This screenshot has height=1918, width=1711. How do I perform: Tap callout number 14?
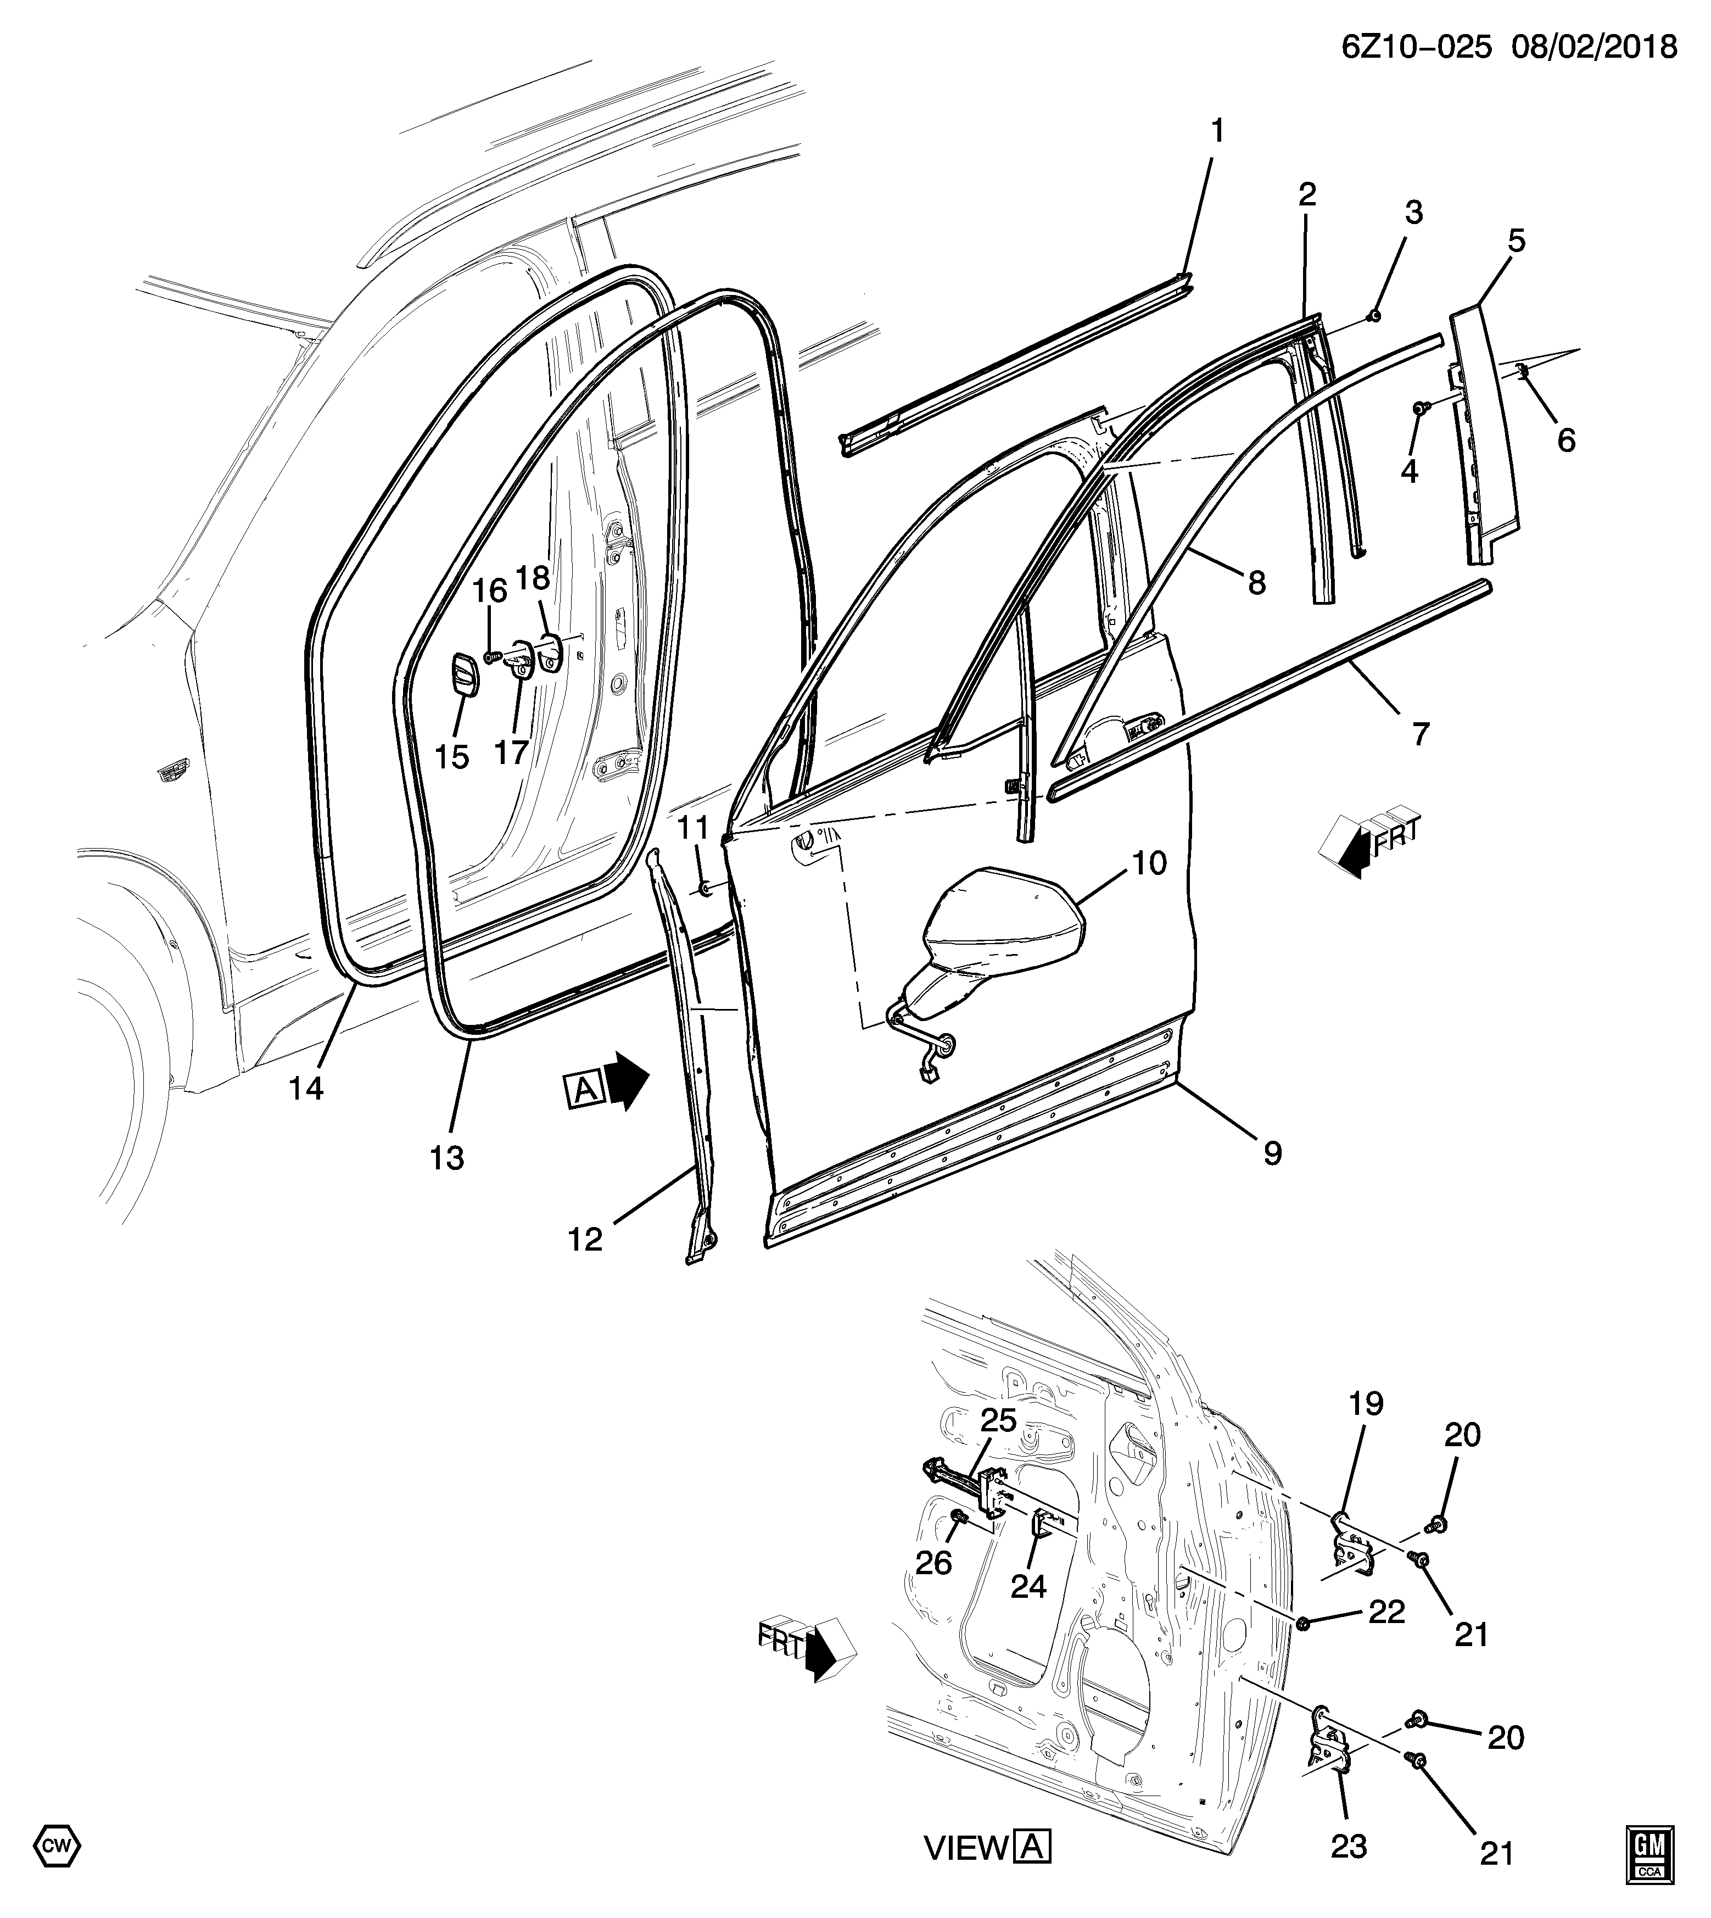(306, 1089)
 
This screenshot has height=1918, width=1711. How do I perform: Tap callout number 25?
(999, 1420)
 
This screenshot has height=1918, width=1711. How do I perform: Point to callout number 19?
(1366, 1431)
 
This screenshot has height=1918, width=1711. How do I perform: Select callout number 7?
(1419, 733)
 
